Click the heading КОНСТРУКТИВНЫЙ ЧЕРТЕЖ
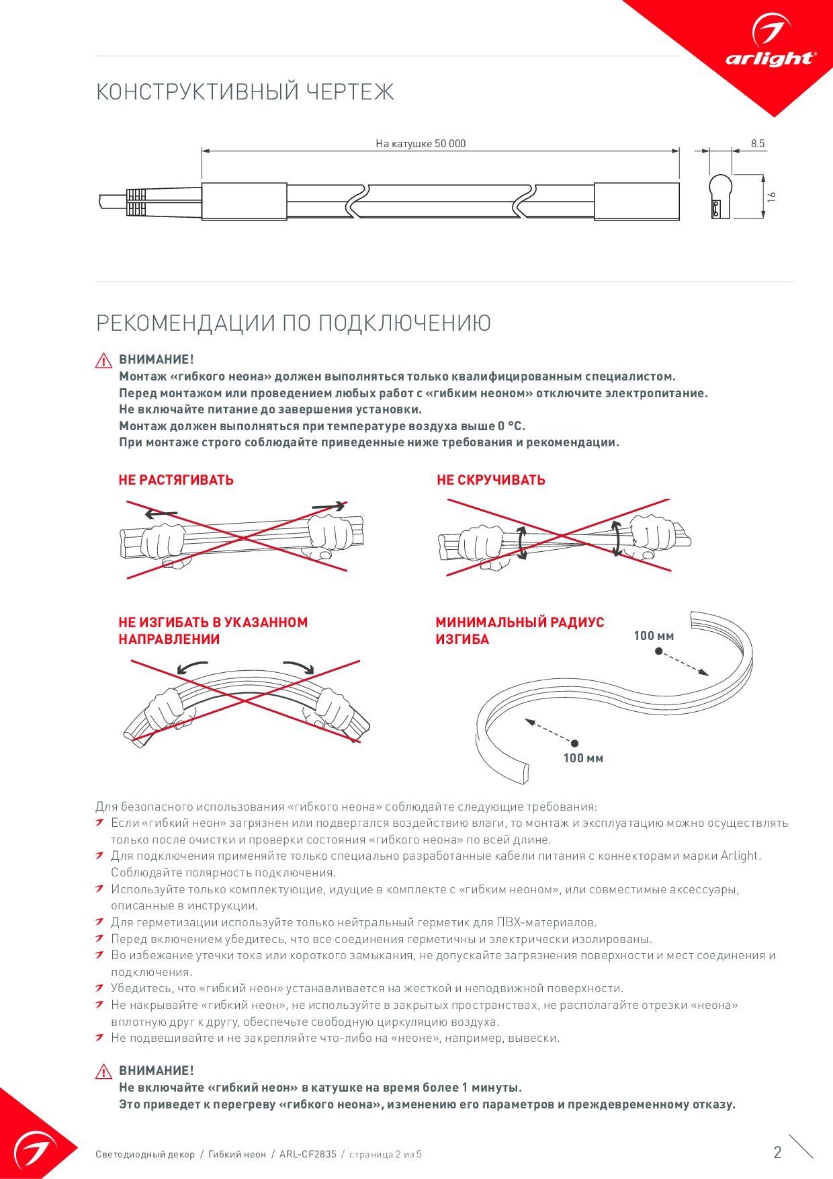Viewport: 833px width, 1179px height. click(x=245, y=92)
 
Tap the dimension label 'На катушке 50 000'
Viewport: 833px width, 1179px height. click(x=421, y=143)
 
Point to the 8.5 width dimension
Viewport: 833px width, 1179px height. click(x=758, y=143)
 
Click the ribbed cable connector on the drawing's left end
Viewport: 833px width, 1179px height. click(x=135, y=201)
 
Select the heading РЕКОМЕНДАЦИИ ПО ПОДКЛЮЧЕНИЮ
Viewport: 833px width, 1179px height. click(x=294, y=323)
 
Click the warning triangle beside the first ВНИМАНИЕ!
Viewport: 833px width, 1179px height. click(x=104, y=361)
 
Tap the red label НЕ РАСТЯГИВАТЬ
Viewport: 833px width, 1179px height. click(x=176, y=480)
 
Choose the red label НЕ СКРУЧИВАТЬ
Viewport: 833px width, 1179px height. click(x=491, y=480)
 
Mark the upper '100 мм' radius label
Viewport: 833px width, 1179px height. click(x=654, y=636)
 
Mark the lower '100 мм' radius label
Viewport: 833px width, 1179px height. click(x=583, y=758)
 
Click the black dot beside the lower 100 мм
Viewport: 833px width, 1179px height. click(x=575, y=743)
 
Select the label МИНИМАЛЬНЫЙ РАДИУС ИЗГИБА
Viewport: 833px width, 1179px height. click(x=520, y=631)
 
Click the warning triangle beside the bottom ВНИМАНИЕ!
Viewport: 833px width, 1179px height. click(x=104, y=1071)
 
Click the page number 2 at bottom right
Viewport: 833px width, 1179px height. click(x=778, y=1153)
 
